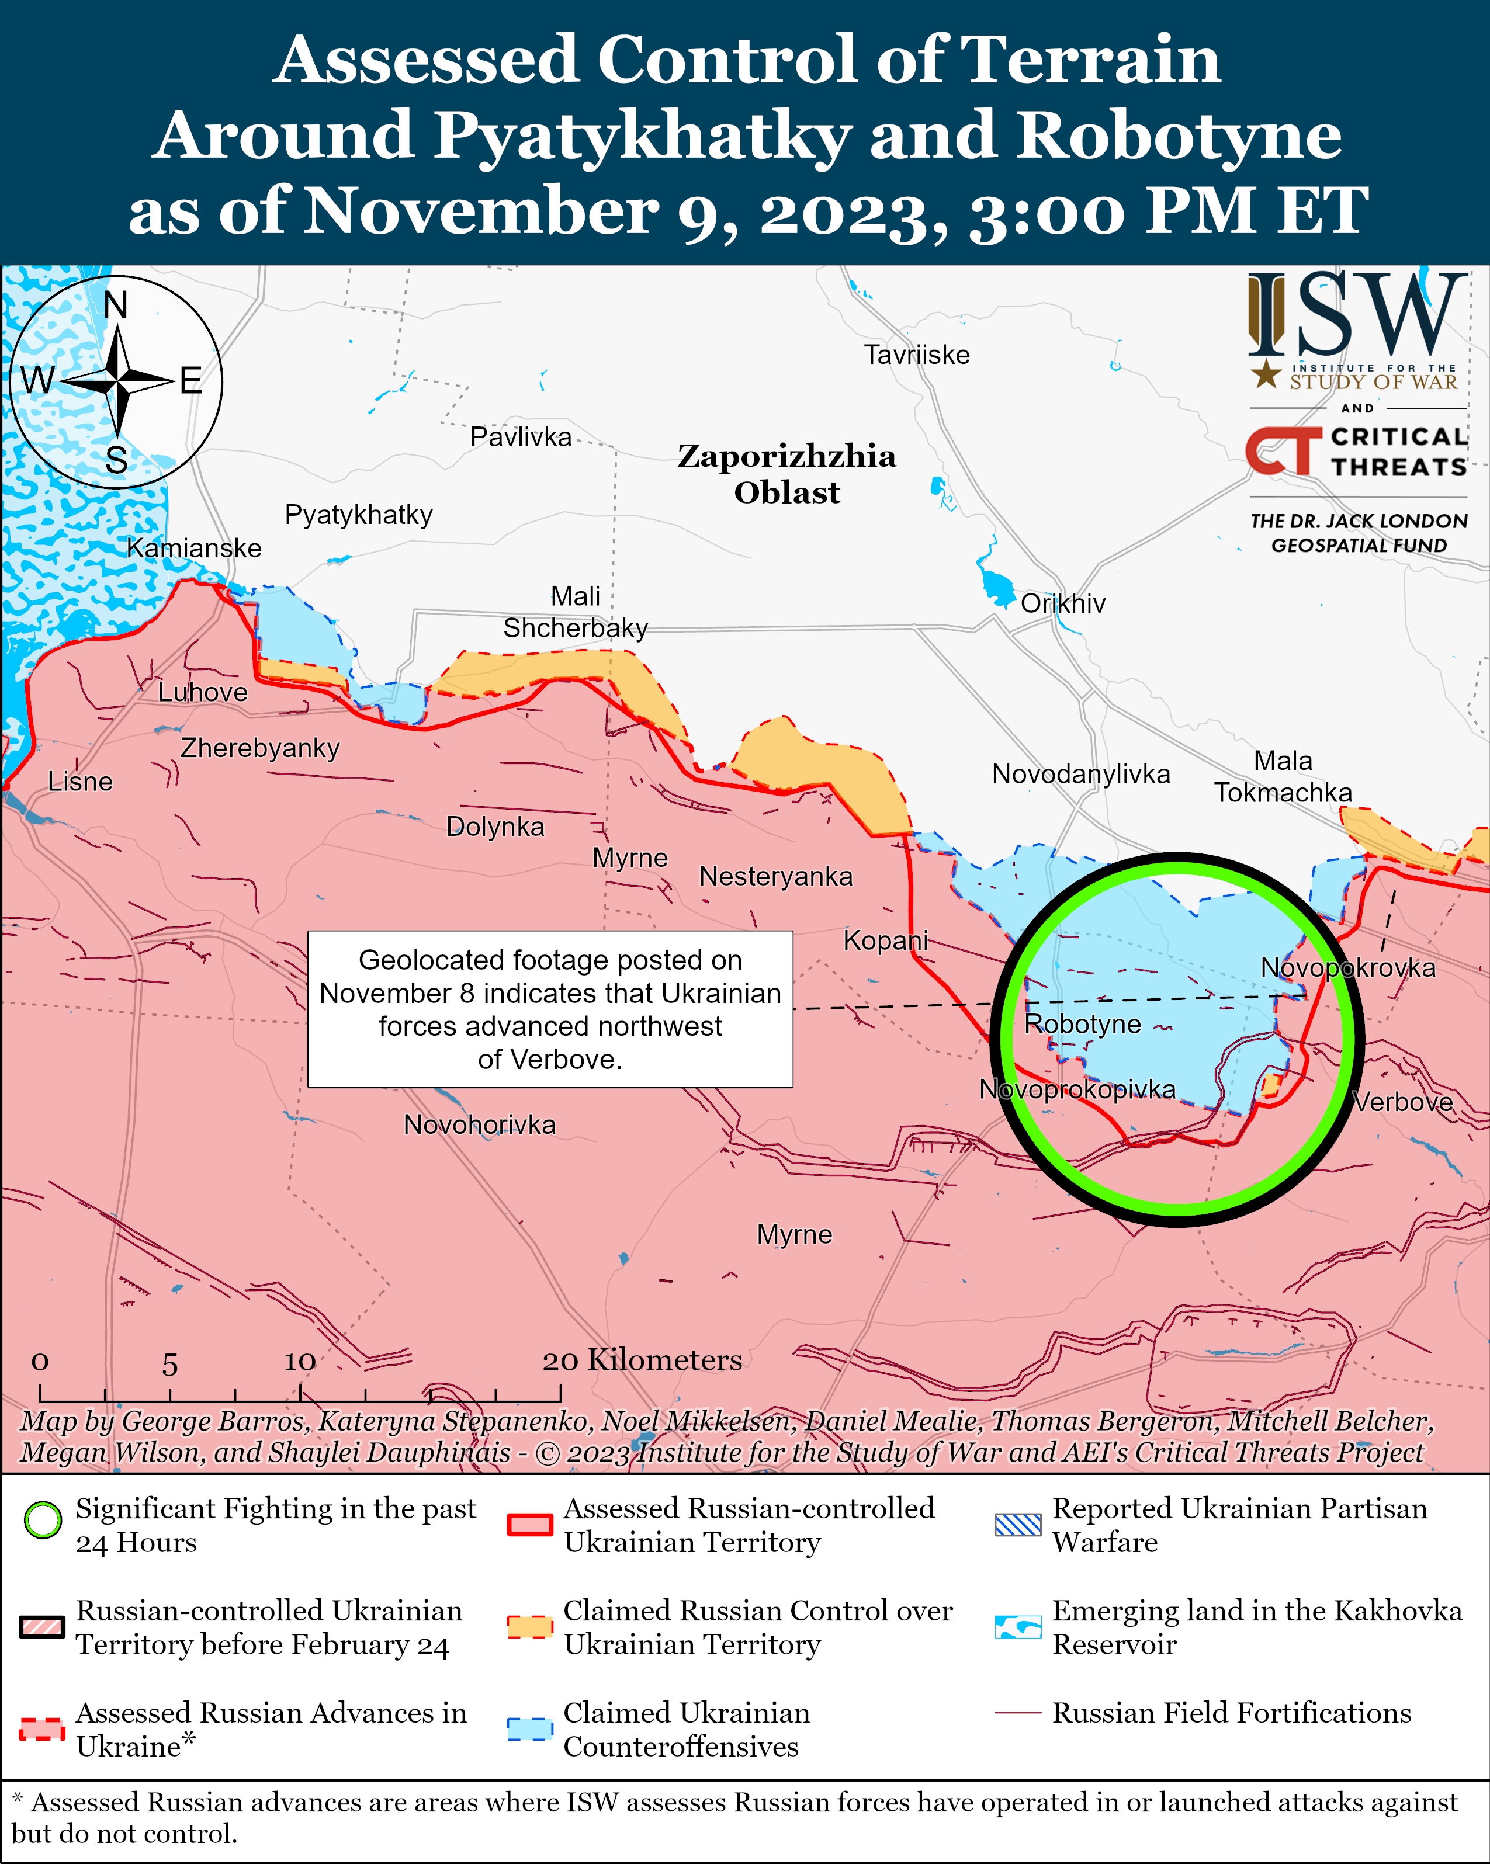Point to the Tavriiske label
pos(917,355)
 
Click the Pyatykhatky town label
pos(358,515)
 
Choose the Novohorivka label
pos(479,1125)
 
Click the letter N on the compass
pos(115,305)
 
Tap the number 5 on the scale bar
pos(169,1365)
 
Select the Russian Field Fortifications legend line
pos(1017,1713)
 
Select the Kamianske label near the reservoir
pos(194,548)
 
